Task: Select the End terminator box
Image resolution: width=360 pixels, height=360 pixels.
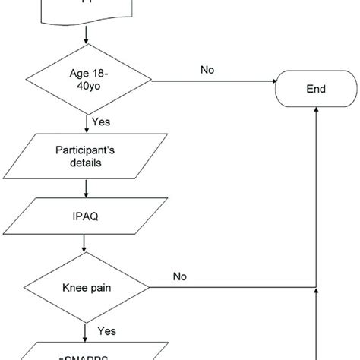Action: [x=316, y=89]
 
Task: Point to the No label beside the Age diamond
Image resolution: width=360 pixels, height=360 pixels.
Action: [x=207, y=69]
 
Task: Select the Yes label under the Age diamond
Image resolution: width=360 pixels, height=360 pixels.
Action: [x=101, y=121]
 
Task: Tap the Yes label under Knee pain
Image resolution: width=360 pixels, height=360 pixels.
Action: [x=106, y=331]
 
